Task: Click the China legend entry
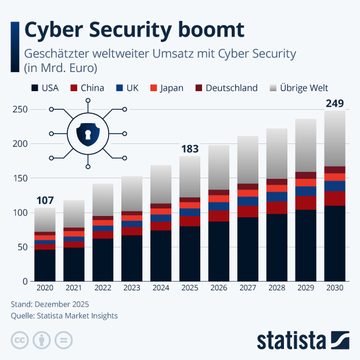87,88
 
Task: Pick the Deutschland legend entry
225,88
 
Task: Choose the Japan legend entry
166,88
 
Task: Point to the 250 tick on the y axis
20,110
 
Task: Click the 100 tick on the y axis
20,213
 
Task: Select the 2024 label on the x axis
161,289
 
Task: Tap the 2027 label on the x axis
248,289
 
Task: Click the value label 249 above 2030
334,104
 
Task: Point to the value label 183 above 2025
190,149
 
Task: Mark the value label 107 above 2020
45,201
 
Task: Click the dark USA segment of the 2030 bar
334,244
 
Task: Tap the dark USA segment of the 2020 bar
45,265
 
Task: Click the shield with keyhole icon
88,134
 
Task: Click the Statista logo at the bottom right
303,339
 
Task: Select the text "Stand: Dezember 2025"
50,304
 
